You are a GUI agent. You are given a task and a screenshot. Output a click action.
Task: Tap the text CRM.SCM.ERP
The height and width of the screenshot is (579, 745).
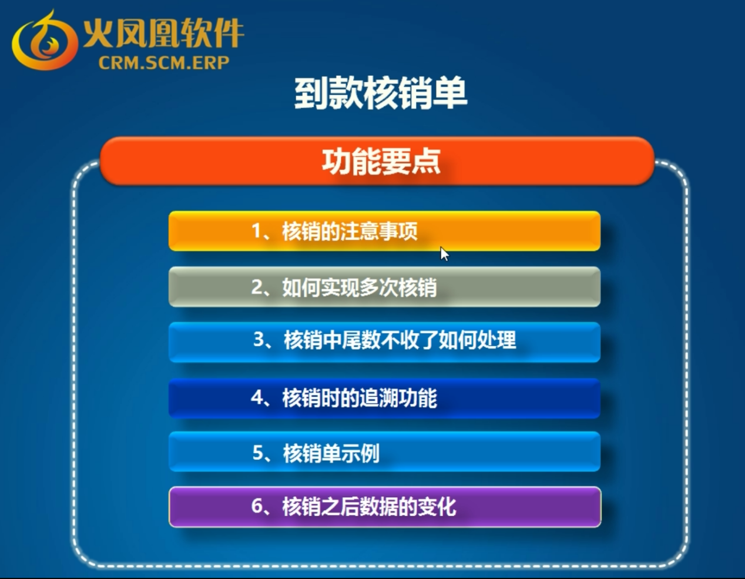point(164,63)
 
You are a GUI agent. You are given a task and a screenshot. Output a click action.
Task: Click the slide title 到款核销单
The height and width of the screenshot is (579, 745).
point(381,93)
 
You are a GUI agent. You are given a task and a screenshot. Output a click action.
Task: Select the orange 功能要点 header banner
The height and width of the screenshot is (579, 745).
point(377,161)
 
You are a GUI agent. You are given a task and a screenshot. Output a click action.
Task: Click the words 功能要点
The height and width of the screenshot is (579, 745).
point(381,162)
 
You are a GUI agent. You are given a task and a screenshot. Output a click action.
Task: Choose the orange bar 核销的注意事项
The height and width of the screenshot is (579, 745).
point(384,231)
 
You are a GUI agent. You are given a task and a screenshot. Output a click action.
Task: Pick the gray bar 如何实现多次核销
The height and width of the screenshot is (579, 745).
point(384,287)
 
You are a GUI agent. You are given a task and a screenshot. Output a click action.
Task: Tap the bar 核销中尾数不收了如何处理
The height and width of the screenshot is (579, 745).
point(384,342)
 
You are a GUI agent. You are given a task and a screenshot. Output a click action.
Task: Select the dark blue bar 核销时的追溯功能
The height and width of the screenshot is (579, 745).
point(384,398)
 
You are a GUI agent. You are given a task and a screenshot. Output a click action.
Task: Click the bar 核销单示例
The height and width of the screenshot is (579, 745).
point(384,452)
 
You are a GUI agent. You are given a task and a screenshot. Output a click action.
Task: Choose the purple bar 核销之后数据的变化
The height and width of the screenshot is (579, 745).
point(385,507)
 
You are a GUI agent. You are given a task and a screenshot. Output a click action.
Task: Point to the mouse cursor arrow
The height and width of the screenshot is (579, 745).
point(444,254)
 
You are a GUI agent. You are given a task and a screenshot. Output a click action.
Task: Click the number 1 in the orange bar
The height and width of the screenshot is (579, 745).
point(256,231)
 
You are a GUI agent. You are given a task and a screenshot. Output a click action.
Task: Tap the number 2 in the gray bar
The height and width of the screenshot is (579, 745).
point(257,287)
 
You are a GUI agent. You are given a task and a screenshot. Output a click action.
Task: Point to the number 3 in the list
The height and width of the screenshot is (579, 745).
point(259,339)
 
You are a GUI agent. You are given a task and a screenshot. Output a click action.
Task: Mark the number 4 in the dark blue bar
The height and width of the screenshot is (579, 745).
point(257,398)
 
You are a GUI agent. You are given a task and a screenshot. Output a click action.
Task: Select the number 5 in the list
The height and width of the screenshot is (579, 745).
point(258,453)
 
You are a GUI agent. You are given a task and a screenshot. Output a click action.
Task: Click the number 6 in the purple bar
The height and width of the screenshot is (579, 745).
point(257,506)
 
